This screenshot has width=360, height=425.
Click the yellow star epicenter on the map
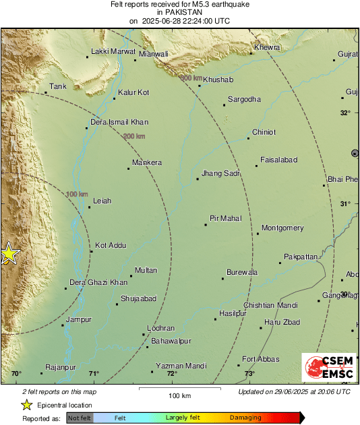9,254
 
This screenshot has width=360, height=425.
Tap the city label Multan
146,270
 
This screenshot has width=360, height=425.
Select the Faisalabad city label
279,160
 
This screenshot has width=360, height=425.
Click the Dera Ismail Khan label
119,122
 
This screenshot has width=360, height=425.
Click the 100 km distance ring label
78,194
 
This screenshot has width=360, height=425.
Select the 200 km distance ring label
134,136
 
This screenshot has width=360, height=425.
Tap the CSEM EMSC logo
329,368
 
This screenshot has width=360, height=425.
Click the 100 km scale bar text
178,395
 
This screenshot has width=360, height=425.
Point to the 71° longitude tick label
93,374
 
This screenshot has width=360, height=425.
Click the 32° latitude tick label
345,112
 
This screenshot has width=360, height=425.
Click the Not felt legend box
80,418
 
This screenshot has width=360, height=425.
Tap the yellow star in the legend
26,405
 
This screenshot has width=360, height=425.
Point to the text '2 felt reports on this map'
59,391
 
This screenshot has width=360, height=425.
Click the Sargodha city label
244,99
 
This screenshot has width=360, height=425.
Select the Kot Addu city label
111,246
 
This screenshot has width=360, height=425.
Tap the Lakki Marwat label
114,51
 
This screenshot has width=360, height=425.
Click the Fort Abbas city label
262,358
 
